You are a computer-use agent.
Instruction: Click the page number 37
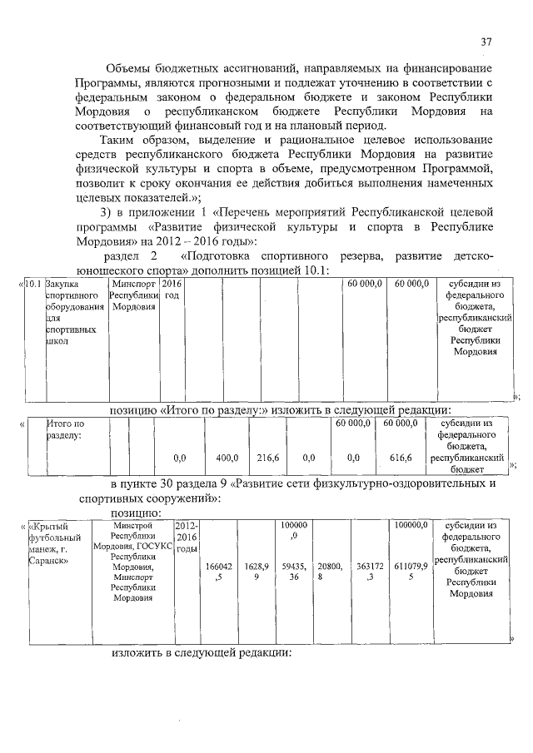(x=487, y=42)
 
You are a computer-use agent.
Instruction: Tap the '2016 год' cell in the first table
(x=172, y=290)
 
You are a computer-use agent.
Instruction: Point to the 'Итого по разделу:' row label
(x=66, y=429)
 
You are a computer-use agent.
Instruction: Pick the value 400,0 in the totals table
(x=227, y=458)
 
